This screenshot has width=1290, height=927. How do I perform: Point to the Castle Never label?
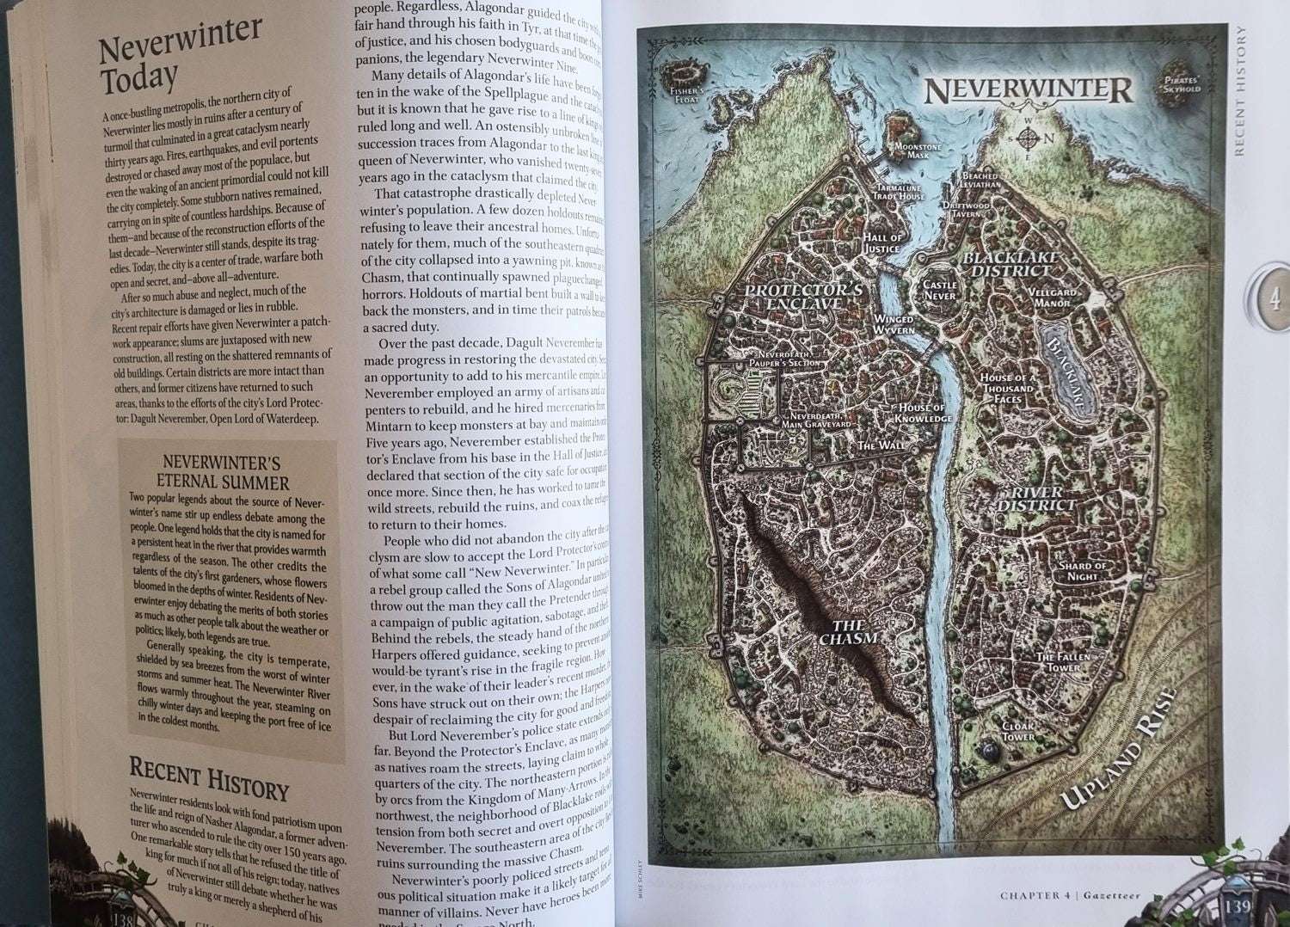(939, 290)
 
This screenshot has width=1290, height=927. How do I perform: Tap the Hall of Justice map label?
(881, 242)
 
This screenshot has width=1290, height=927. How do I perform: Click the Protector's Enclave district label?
(803, 297)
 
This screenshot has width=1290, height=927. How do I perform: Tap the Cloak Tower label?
(1018, 732)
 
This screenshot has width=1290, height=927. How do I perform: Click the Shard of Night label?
(1082, 571)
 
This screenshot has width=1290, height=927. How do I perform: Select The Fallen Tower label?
(1062, 661)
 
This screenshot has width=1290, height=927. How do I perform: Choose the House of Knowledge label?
(923, 413)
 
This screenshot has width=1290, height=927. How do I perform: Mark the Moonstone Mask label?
(918, 151)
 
